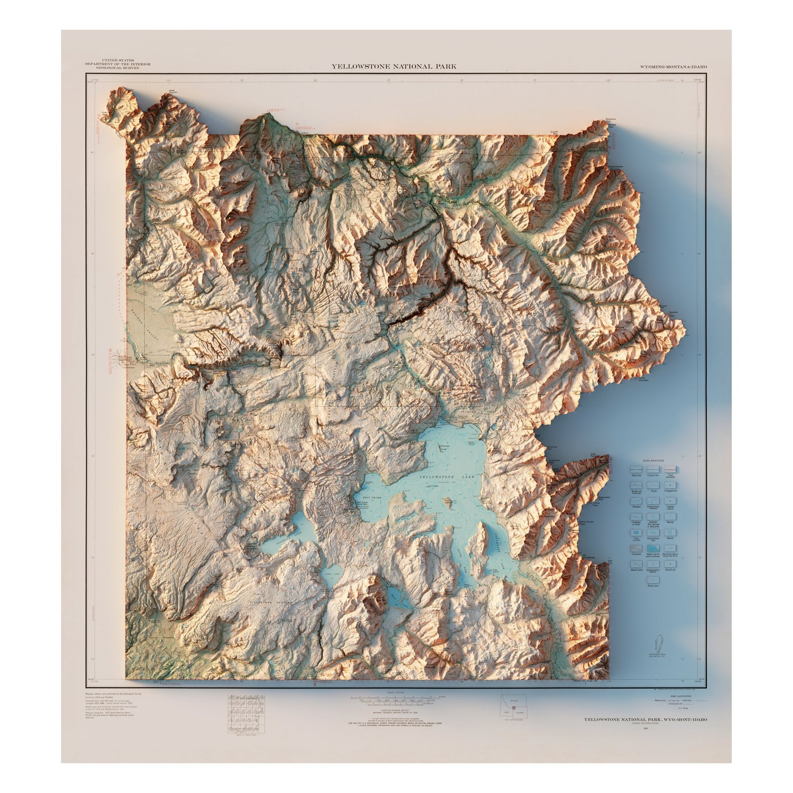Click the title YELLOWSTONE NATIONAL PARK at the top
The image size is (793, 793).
tap(394, 67)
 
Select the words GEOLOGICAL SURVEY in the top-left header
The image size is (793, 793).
tap(118, 68)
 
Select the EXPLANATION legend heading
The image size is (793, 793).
tap(654, 460)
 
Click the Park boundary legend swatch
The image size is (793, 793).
tap(670, 469)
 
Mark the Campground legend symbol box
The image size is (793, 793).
tap(670, 485)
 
